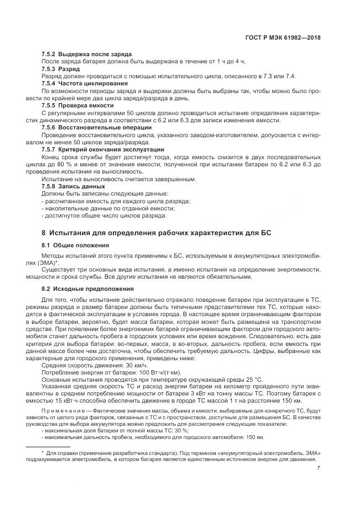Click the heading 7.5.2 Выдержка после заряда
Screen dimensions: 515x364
(x=86, y=55)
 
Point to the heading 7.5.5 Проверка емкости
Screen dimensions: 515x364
(x=78, y=105)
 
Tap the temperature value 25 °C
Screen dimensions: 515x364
(x=252, y=380)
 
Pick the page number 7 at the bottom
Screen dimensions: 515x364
(x=319, y=469)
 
